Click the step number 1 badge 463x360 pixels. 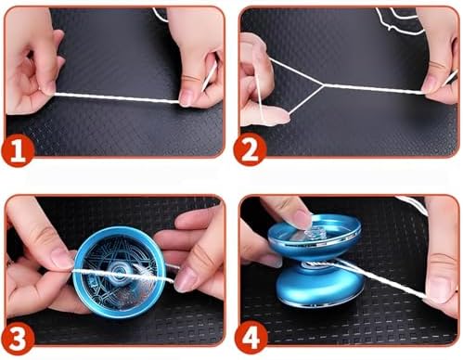tap(18, 151)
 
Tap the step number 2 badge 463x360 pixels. tap(249, 151)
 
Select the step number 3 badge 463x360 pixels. tap(18, 337)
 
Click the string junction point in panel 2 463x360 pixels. tap(323, 84)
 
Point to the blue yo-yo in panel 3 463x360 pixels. tap(120, 272)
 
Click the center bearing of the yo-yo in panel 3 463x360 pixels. tap(120, 272)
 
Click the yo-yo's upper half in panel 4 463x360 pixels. tap(315, 236)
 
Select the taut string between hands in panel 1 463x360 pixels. tap(116, 97)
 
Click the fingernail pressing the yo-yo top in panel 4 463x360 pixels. tap(303, 217)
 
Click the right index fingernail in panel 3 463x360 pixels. tap(185, 280)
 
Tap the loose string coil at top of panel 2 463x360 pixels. tap(399, 19)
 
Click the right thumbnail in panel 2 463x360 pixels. tap(431, 87)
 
